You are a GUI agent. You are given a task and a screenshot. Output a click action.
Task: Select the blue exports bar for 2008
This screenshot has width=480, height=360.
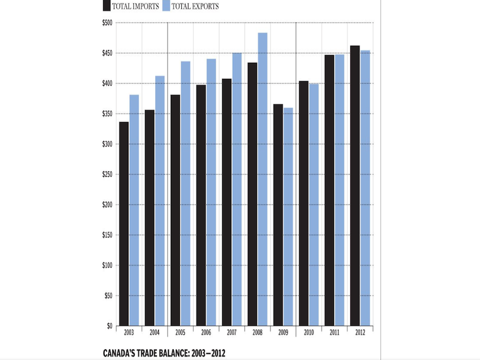[x=262, y=179]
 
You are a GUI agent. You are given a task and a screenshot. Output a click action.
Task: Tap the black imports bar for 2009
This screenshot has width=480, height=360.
[x=278, y=215]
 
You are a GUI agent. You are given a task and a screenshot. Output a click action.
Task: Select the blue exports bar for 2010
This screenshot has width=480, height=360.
[x=314, y=204]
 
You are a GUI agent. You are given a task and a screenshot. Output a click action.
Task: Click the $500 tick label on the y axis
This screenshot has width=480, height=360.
[x=107, y=23]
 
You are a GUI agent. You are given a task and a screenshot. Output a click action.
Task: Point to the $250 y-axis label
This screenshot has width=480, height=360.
[x=107, y=175]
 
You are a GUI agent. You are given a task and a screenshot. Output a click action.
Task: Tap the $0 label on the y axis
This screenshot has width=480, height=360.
[x=109, y=326]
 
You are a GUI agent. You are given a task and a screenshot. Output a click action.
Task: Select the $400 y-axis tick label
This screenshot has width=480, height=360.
[x=107, y=84]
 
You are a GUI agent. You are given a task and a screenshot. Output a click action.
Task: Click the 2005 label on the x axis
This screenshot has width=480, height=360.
[x=180, y=332]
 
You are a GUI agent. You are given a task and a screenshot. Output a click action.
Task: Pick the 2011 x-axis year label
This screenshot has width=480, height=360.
[x=334, y=332]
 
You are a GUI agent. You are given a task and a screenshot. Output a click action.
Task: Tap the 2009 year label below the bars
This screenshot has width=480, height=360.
[x=283, y=332]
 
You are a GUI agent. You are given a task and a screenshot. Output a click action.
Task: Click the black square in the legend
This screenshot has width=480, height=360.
[x=107, y=6]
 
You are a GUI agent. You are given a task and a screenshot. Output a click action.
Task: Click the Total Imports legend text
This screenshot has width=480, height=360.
[x=137, y=7]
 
